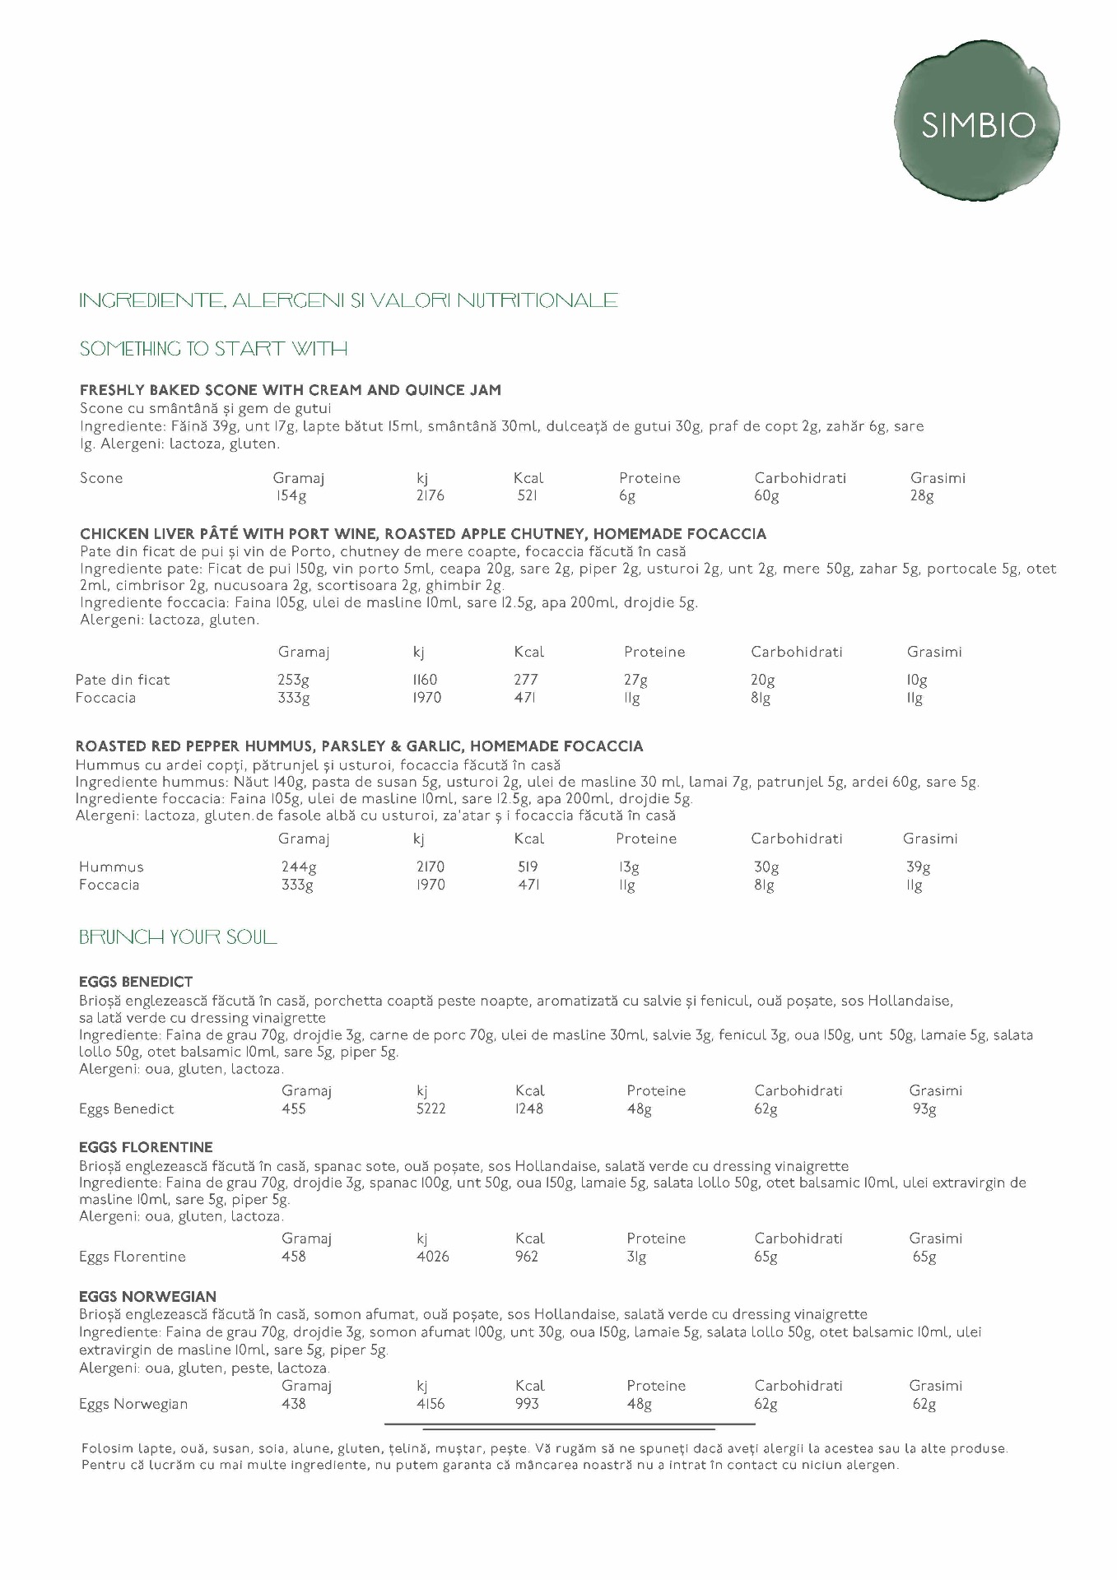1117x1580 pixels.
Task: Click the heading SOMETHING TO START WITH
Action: tap(213, 349)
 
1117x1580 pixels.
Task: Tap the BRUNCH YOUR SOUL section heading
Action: tap(178, 937)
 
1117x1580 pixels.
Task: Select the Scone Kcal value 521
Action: tap(527, 496)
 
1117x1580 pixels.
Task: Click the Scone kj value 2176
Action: tap(431, 496)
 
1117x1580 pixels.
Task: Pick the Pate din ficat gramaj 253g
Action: tap(293, 680)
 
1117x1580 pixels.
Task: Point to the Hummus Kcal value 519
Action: tap(528, 867)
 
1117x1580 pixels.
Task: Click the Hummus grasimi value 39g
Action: tap(918, 867)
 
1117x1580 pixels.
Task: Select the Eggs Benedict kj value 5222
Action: tap(431, 1108)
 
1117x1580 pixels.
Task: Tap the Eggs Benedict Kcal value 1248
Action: tap(528, 1108)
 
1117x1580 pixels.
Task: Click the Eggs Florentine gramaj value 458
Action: tap(293, 1257)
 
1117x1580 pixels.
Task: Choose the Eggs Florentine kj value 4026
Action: tap(433, 1257)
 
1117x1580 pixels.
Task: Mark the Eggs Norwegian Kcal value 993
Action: tap(527, 1404)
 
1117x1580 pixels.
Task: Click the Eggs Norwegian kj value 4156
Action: tap(431, 1404)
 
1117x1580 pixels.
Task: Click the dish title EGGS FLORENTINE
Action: tap(146, 1147)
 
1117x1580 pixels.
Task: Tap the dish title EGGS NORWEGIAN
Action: tap(147, 1296)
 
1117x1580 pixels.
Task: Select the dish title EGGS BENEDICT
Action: tap(136, 982)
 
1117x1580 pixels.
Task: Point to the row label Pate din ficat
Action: tap(123, 680)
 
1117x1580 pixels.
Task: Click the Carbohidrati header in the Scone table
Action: tap(799, 478)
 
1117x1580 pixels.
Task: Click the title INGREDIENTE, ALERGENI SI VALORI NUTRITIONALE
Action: tap(348, 300)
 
